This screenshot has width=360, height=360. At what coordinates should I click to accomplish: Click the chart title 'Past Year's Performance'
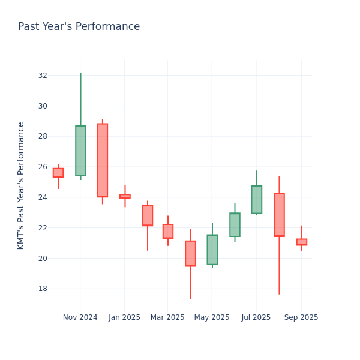(x=79, y=27)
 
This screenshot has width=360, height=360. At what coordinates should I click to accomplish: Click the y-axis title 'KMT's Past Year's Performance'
(x=21, y=185)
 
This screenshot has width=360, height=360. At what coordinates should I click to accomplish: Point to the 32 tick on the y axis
(x=43, y=76)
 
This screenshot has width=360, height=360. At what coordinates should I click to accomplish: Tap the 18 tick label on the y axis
(x=43, y=289)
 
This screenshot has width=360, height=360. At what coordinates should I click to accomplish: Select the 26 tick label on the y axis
(x=43, y=167)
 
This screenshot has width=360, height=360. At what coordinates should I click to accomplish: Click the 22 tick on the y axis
(x=43, y=228)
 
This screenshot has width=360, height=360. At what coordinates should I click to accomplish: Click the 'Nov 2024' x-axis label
(x=80, y=317)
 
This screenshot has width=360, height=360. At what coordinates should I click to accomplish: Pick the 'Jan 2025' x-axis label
(x=124, y=317)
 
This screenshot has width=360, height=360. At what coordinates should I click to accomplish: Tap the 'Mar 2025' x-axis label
(x=167, y=317)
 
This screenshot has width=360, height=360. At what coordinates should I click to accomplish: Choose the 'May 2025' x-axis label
(x=212, y=317)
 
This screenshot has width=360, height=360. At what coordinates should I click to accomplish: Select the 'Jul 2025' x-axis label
(x=256, y=317)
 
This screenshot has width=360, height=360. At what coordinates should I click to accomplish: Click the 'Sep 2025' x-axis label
(x=301, y=317)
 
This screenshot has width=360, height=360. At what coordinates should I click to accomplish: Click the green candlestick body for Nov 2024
(x=80, y=151)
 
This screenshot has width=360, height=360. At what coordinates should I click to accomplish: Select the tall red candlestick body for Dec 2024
(x=103, y=160)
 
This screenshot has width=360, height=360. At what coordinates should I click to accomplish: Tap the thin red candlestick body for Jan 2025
(x=125, y=196)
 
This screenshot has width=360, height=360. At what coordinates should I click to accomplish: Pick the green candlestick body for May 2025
(x=212, y=250)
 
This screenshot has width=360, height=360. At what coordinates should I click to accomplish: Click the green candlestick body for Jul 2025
(x=256, y=199)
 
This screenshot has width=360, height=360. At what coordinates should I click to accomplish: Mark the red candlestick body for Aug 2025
(x=279, y=215)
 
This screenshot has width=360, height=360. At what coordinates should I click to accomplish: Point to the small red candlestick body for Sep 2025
(x=301, y=242)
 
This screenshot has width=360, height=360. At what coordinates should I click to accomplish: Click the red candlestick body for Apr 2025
(x=190, y=253)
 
